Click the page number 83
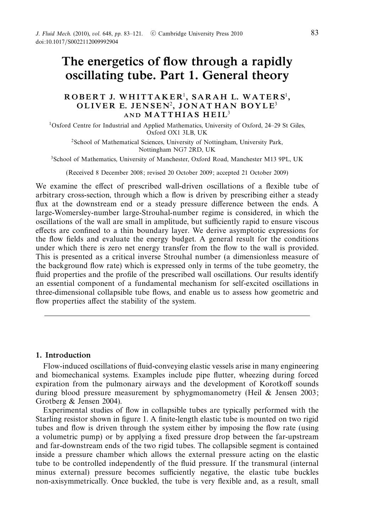click(314, 33)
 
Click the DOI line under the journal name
click(77, 42)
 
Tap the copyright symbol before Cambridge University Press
click(153, 34)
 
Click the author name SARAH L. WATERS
click(239, 97)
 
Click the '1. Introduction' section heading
click(63, 355)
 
